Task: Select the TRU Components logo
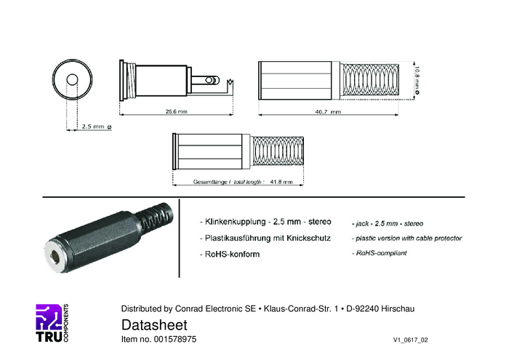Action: coord(52,323)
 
